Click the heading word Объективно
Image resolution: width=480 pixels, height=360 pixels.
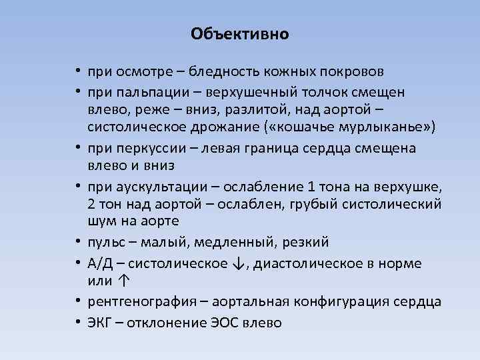click(240, 34)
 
